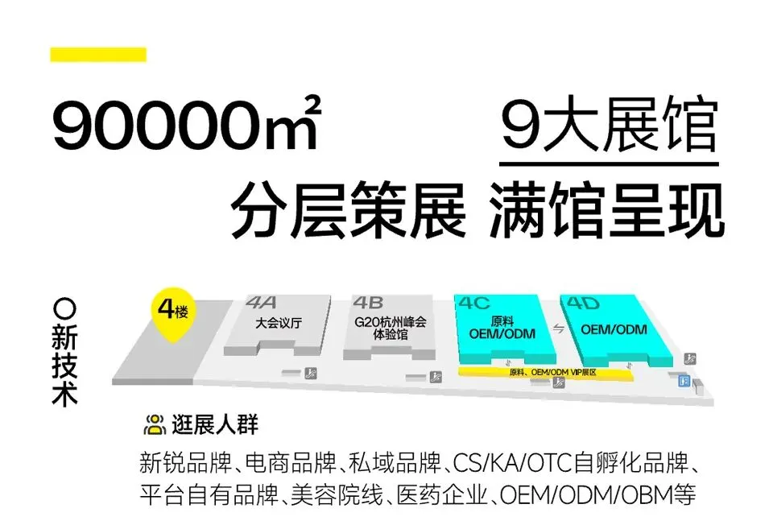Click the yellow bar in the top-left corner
(x=97, y=55)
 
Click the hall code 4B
(x=368, y=304)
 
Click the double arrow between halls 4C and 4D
(x=556, y=329)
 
